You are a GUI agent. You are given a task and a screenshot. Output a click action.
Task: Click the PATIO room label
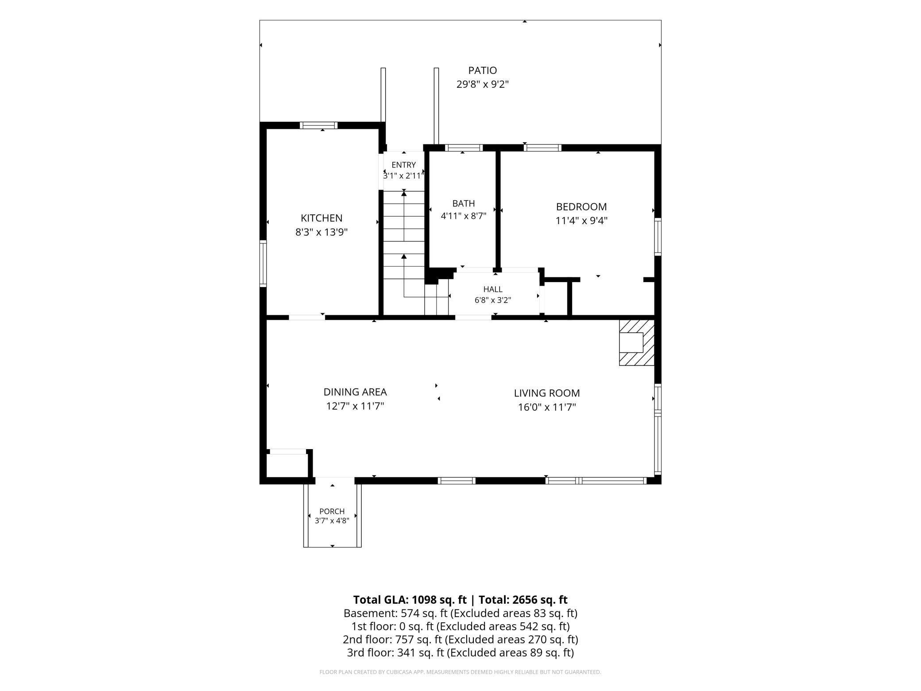click(x=483, y=70)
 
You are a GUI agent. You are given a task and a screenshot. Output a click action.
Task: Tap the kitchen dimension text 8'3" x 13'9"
click(x=321, y=232)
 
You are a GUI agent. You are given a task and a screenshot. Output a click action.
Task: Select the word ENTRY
click(x=404, y=165)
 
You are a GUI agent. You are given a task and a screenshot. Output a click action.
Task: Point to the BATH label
click(x=464, y=203)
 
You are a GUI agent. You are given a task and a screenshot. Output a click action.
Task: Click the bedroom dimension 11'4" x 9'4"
click(x=581, y=221)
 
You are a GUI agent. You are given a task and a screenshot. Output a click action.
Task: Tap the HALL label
click(x=493, y=289)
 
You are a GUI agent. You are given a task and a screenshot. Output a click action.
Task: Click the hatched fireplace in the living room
click(x=637, y=343)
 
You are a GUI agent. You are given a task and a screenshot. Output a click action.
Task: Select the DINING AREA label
click(x=355, y=392)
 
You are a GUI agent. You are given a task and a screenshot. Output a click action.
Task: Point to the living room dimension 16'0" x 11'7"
click(x=547, y=407)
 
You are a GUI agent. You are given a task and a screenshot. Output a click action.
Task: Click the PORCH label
click(x=332, y=511)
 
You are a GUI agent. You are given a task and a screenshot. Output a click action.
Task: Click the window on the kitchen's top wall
click(x=318, y=125)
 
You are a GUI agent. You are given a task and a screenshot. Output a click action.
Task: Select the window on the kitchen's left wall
click(x=263, y=263)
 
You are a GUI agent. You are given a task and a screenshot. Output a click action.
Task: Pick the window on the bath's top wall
click(x=464, y=148)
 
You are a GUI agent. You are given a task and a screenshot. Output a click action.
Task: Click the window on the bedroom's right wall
click(x=658, y=237)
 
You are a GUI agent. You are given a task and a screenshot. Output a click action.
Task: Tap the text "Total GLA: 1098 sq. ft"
click(x=410, y=600)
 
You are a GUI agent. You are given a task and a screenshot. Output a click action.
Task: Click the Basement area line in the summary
click(x=460, y=613)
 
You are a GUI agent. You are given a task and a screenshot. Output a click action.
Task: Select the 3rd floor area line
click(x=460, y=652)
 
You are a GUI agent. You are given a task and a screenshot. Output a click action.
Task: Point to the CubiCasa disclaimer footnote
click(x=460, y=672)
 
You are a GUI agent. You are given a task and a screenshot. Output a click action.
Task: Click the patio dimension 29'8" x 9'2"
click(x=483, y=84)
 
